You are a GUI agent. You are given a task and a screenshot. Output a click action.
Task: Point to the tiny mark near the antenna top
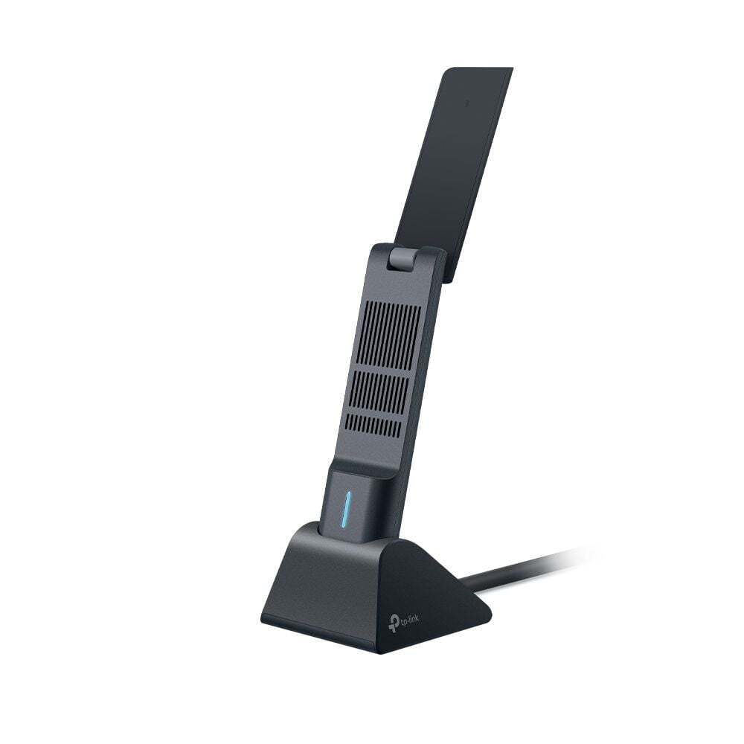coord(466,103)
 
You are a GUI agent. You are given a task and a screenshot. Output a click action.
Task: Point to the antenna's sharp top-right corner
coord(512,68)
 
